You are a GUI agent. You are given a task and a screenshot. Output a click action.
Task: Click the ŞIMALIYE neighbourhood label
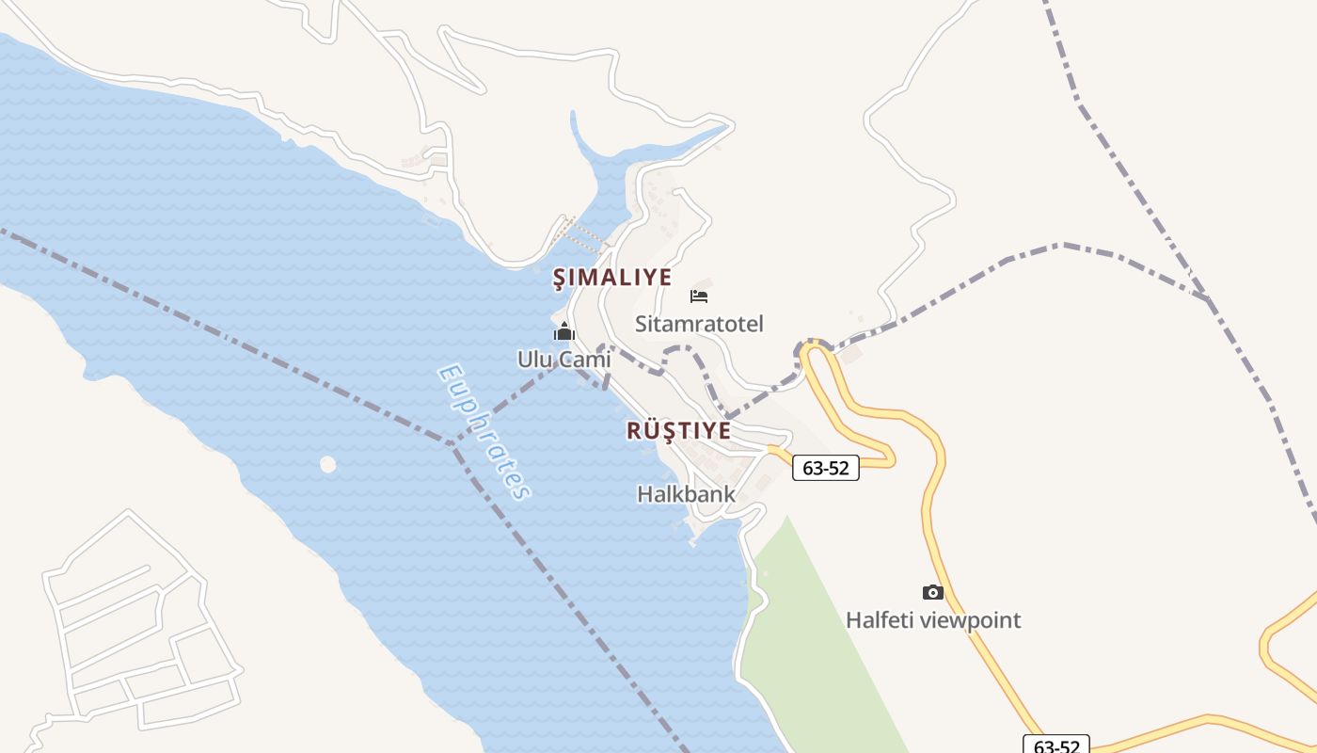[x=611, y=278]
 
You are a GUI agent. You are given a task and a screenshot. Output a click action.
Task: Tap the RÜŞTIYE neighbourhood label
[x=678, y=431]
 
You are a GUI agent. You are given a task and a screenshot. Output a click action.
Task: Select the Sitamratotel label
[x=699, y=324]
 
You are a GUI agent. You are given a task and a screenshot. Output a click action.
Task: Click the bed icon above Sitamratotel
[x=699, y=296]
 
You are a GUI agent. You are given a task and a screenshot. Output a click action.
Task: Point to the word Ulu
[x=536, y=360]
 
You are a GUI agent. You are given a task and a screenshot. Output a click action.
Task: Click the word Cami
[x=584, y=360]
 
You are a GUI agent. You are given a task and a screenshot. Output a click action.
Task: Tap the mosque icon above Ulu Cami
[x=563, y=331]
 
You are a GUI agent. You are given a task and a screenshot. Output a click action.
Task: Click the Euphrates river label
[x=484, y=431]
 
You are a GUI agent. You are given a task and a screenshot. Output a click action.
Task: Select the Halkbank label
[x=686, y=493]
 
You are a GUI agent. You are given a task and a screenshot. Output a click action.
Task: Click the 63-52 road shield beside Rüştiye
[x=826, y=468]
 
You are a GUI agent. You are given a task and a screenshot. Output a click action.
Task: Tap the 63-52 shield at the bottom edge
[x=1056, y=745]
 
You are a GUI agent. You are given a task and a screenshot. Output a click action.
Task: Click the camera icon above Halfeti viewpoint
[x=932, y=592]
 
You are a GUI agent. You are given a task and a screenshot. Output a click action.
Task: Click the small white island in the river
[x=327, y=464]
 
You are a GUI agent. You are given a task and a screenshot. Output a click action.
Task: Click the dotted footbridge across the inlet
[x=584, y=234]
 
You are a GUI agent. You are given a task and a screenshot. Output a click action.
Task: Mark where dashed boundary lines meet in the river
[x=452, y=442]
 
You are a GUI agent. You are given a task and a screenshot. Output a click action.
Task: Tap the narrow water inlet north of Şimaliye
[x=588, y=160]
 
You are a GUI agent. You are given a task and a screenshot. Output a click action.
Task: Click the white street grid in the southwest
[x=141, y=621]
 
